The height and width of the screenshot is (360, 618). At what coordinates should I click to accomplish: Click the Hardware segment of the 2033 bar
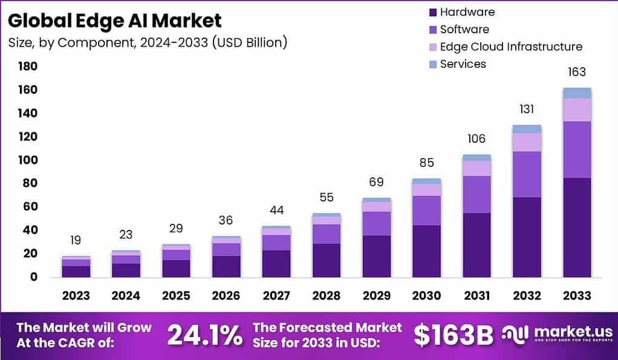point(576,227)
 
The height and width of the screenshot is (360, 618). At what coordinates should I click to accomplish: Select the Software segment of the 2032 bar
point(527,174)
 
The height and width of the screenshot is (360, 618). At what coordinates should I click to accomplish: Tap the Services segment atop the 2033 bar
point(576,93)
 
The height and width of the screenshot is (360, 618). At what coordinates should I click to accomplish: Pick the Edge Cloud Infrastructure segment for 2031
point(477,168)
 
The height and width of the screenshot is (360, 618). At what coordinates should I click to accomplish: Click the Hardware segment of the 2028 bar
point(327,260)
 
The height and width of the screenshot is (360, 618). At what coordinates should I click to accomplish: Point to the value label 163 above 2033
point(576,72)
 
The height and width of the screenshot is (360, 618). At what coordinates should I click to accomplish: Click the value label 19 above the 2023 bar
point(76,240)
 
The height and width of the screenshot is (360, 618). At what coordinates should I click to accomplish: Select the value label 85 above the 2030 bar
point(428,163)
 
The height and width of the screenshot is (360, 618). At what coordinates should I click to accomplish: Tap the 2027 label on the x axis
point(276,295)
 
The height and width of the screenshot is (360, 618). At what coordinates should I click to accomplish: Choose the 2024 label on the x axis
point(126,295)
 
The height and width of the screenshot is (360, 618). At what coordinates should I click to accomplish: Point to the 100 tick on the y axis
point(28,160)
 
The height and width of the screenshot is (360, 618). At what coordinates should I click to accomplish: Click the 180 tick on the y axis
point(28,66)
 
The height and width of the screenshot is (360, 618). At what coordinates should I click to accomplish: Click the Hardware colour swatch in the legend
point(432,12)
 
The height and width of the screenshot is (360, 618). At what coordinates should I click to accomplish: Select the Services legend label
point(463,64)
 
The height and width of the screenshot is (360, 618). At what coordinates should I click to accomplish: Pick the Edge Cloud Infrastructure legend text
point(511,47)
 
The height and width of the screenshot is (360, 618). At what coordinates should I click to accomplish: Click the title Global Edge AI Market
point(115,21)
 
